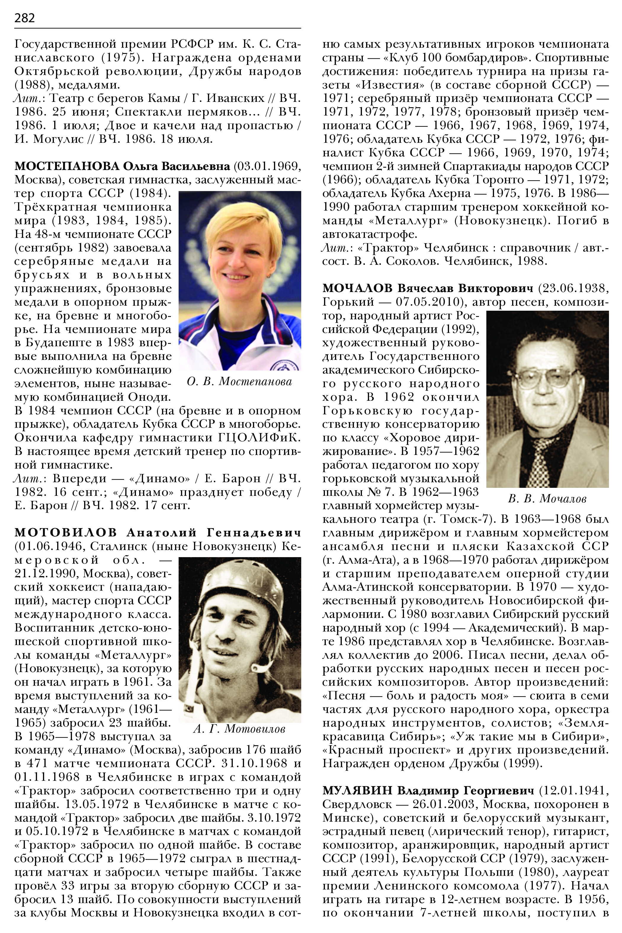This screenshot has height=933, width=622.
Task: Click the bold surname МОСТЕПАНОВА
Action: (x=67, y=166)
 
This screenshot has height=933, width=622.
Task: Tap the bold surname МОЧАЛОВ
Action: (x=358, y=288)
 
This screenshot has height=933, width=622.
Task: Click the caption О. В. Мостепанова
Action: (x=239, y=381)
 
